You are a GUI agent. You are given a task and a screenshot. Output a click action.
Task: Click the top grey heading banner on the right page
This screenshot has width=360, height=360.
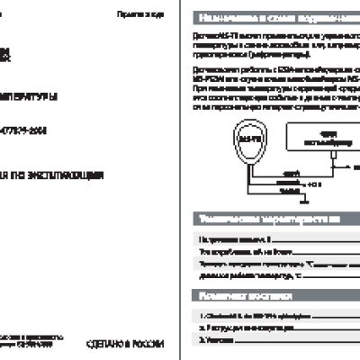coord(274,17)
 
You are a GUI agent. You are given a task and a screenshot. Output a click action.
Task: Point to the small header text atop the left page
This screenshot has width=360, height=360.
coord(139,16)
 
